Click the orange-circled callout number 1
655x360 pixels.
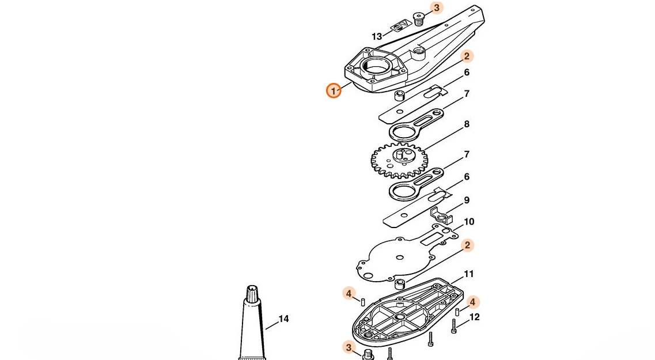click(334, 90)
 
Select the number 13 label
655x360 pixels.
click(377, 37)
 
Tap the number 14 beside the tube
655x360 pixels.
click(283, 319)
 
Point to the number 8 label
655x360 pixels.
click(466, 124)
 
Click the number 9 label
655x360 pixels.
click(467, 200)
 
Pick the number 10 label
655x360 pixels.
click(469, 222)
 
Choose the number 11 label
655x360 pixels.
click(469, 274)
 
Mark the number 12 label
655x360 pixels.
click(475, 317)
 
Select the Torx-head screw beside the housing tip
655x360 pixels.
click(418, 19)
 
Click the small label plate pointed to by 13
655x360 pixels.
click(401, 26)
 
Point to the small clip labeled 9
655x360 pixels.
click(442, 215)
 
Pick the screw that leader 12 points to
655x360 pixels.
click(453, 326)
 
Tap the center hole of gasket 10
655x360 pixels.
click(400, 257)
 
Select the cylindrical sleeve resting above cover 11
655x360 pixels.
click(400, 285)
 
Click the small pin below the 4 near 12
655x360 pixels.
click(457, 312)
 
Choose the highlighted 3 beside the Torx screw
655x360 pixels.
click(437, 7)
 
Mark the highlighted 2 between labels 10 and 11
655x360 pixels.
click(467, 245)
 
